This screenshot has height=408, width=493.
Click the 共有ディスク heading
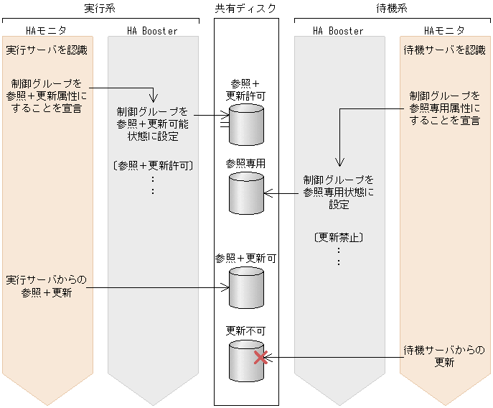[245, 8]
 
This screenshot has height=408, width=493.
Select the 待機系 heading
[392, 8]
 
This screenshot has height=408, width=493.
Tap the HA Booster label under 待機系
[338, 31]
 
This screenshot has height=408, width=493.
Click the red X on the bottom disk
[260, 357]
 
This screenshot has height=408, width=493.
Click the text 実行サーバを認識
[47, 50]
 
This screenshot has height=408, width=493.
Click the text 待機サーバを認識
[444, 50]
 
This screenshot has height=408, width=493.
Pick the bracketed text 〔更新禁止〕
[338, 236]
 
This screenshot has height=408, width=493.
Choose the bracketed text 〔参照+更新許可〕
[152, 165]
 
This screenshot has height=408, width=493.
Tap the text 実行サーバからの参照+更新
[47, 285]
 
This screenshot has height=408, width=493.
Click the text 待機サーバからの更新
[444, 356]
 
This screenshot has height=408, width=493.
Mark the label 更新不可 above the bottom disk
[245, 330]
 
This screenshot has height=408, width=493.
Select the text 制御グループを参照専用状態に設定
[339, 192]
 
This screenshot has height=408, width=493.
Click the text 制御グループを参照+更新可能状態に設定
[152, 124]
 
